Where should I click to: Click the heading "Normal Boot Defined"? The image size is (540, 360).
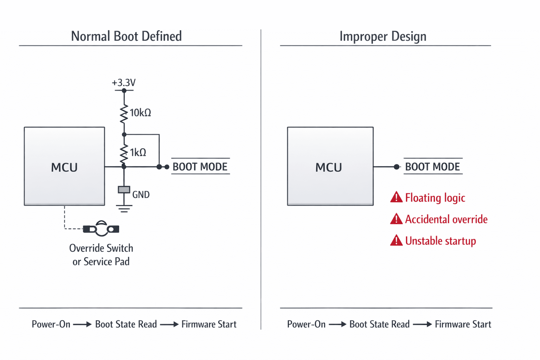point(126,36)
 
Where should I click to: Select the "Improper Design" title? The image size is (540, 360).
point(383,37)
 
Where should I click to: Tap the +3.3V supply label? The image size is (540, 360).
point(124,83)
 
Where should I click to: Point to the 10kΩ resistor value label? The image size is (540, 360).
point(141,112)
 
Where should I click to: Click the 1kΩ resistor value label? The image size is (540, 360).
point(138,152)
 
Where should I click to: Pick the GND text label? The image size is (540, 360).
point(141,194)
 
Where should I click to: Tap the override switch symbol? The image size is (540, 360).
point(101,229)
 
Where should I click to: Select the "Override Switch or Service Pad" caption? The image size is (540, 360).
point(101,255)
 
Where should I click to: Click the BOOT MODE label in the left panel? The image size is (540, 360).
point(200,167)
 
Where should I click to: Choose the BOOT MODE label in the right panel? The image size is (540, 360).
point(432,167)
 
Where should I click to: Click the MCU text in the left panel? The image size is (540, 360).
point(64,167)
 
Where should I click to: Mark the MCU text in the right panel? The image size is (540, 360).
point(329,167)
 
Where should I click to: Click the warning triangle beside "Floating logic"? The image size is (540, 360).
point(396,197)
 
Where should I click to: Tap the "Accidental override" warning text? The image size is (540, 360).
point(446,219)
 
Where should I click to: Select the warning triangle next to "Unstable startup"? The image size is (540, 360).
point(396,240)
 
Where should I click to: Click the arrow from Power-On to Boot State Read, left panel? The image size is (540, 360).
point(82,324)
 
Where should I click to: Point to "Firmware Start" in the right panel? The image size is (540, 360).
point(463,324)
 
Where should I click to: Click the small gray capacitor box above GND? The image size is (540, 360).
point(124,190)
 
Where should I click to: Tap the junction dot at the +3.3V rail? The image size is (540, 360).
point(124,91)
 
